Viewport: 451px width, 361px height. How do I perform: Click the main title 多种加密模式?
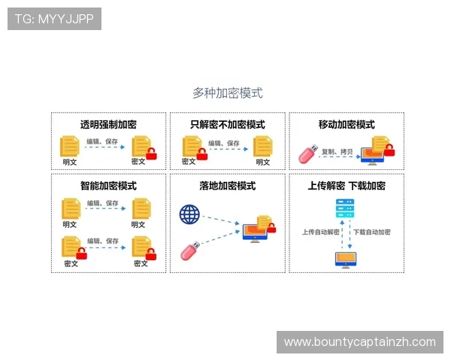pos(227,93)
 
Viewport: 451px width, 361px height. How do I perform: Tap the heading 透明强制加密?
pos(108,125)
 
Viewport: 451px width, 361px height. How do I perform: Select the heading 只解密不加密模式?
pos(227,125)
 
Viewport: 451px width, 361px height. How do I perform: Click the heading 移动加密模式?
pos(346,125)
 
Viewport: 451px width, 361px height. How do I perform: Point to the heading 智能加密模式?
pos(108,186)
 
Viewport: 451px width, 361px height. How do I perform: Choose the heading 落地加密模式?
pos(227,186)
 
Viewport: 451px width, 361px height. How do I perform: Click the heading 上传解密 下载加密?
pos(346,186)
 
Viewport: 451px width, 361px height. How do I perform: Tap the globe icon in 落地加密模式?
pos(189,214)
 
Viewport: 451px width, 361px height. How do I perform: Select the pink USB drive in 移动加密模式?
pos(307,154)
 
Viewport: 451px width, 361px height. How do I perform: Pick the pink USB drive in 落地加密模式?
pos(190,251)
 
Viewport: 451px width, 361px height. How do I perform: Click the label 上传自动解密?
pos(319,232)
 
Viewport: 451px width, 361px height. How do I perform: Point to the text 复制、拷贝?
pos(337,151)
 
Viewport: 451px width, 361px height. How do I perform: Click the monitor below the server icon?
pos(346,259)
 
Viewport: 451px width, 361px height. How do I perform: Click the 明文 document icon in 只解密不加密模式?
pos(262,146)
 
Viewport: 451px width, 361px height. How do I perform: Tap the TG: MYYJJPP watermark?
pos(54,19)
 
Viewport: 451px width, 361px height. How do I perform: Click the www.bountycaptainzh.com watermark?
pos(360,342)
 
